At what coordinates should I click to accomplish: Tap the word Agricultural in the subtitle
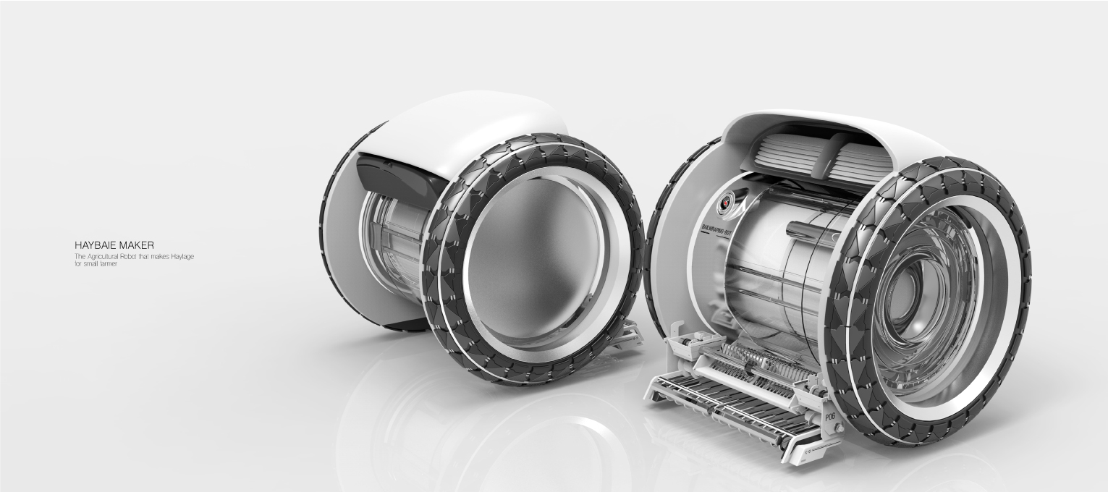(x=104, y=257)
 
